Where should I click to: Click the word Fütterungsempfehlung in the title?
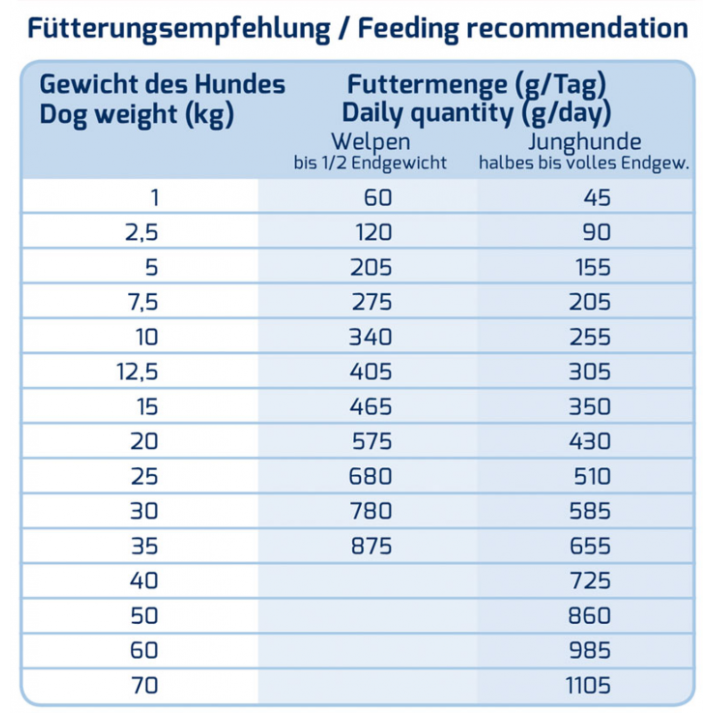pyautogui.click(x=179, y=29)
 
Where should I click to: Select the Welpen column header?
pyautogui.click(x=371, y=142)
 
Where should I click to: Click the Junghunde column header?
pyautogui.click(x=585, y=142)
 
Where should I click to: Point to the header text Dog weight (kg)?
pyautogui.click(x=137, y=115)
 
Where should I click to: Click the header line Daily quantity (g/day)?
pyautogui.click(x=476, y=114)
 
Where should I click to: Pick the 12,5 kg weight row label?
pyautogui.click(x=137, y=372)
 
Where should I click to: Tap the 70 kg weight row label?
pyautogui.click(x=144, y=685)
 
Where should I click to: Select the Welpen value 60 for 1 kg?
pyautogui.click(x=378, y=198)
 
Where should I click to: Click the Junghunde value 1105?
pyautogui.click(x=588, y=685)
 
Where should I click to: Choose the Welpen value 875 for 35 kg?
pyautogui.click(x=371, y=546)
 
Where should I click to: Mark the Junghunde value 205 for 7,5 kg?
pyautogui.click(x=590, y=302)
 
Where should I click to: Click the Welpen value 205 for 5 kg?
pyautogui.click(x=371, y=268)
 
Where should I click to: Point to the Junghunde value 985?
pyautogui.click(x=590, y=651)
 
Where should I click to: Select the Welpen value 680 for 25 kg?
pyautogui.click(x=370, y=476)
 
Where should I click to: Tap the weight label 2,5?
pyautogui.click(x=141, y=233)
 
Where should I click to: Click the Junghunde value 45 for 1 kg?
pyautogui.click(x=597, y=198)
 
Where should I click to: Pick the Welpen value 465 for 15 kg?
pyautogui.click(x=371, y=407)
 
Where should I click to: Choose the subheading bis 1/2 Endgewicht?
pyautogui.click(x=370, y=163)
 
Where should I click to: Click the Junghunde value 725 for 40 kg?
pyautogui.click(x=590, y=581)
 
